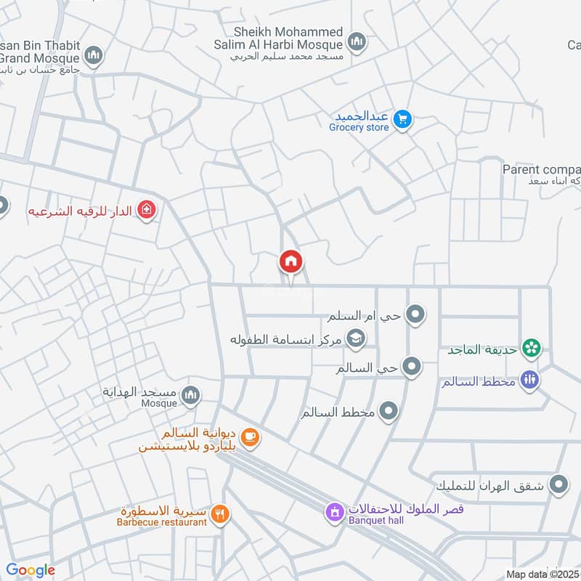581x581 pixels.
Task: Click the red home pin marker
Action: pyautogui.click(x=291, y=261)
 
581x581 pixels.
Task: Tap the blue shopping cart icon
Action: pyautogui.click(x=404, y=119)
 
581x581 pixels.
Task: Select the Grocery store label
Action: pyautogui.click(x=359, y=128)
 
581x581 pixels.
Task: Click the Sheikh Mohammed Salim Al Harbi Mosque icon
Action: pyautogui.click(x=356, y=42)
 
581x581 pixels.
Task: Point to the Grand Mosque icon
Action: pyautogui.click(x=93, y=55)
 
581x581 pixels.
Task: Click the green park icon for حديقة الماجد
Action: pyautogui.click(x=532, y=349)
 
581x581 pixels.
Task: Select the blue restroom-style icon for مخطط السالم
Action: pyautogui.click(x=530, y=380)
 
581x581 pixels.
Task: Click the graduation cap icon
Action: pyautogui.click(x=356, y=338)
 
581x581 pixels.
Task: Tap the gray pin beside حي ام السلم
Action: pyautogui.click(x=415, y=314)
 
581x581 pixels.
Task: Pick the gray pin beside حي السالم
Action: pyautogui.click(x=412, y=367)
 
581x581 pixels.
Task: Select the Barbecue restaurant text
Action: pyautogui.click(x=163, y=521)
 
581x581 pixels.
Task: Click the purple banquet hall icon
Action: pyautogui.click(x=334, y=513)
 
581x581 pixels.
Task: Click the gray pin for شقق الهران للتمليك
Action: pyautogui.click(x=558, y=484)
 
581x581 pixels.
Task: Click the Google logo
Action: pyautogui.click(x=31, y=570)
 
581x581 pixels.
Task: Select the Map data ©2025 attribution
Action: pyautogui.click(x=542, y=574)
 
